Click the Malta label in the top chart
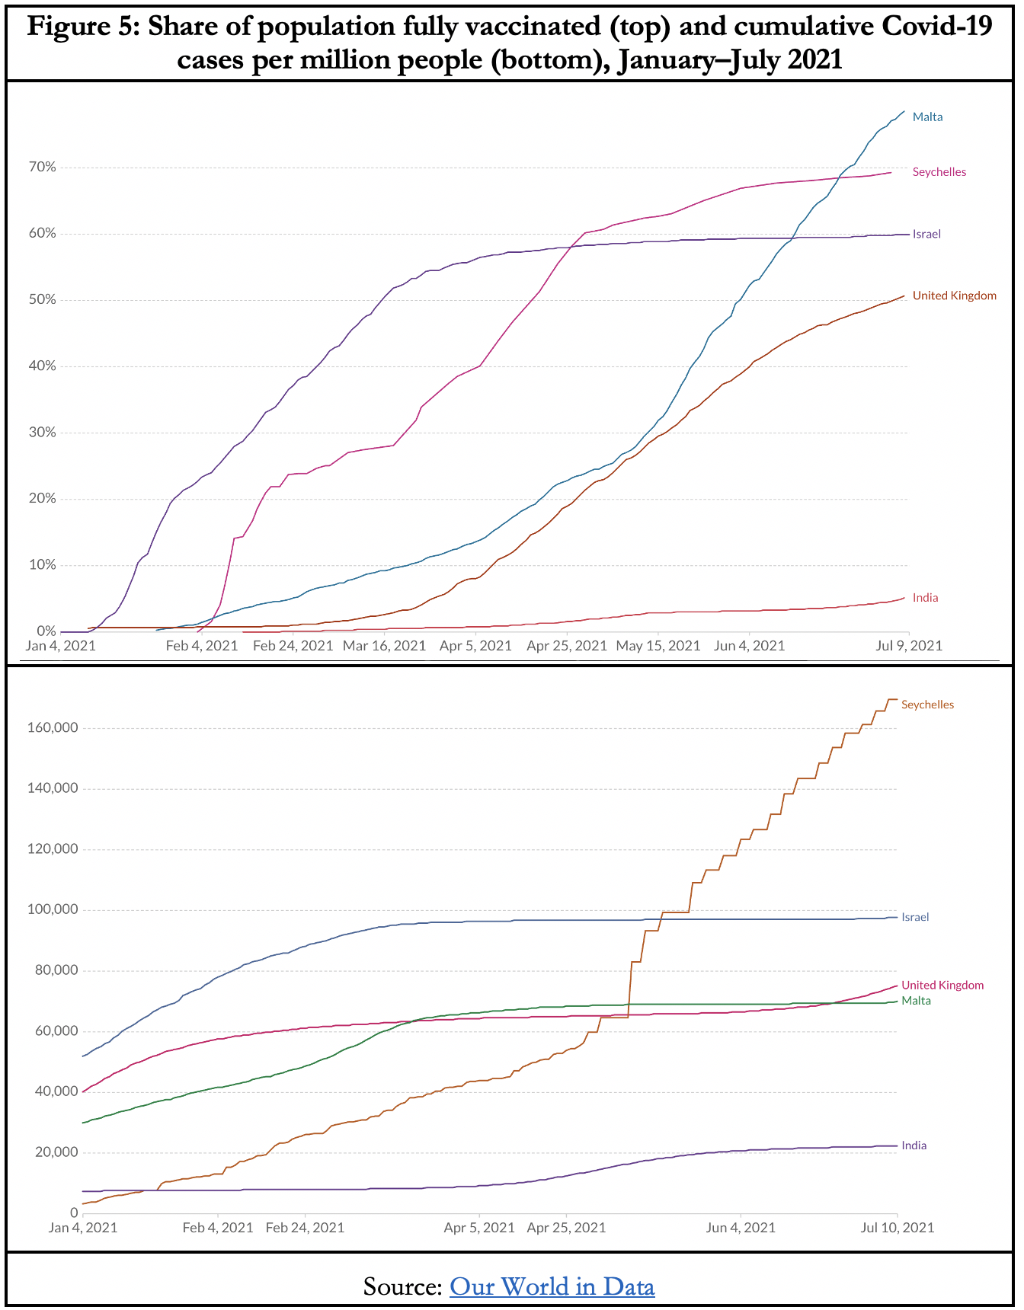(x=927, y=117)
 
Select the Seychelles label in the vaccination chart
(x=939, y=172)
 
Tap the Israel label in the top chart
(x=926, y=234)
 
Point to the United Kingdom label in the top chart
(x=954, y=296)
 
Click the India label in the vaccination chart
(x=925, y=598)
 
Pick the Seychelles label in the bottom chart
(x=927, y=705)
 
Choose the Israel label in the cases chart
(x=915, y=917)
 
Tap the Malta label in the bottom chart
(x=916, y=1001)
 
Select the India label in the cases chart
(x=914, y=1145)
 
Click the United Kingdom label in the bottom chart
(x=942, y=985)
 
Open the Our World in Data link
(x=552, y=1286)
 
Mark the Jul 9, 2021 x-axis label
(x=909, y=646)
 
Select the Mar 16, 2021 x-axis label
(x=384, y=646)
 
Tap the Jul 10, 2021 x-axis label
(x=897, y=1227)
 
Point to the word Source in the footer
(x=402, y=1286)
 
